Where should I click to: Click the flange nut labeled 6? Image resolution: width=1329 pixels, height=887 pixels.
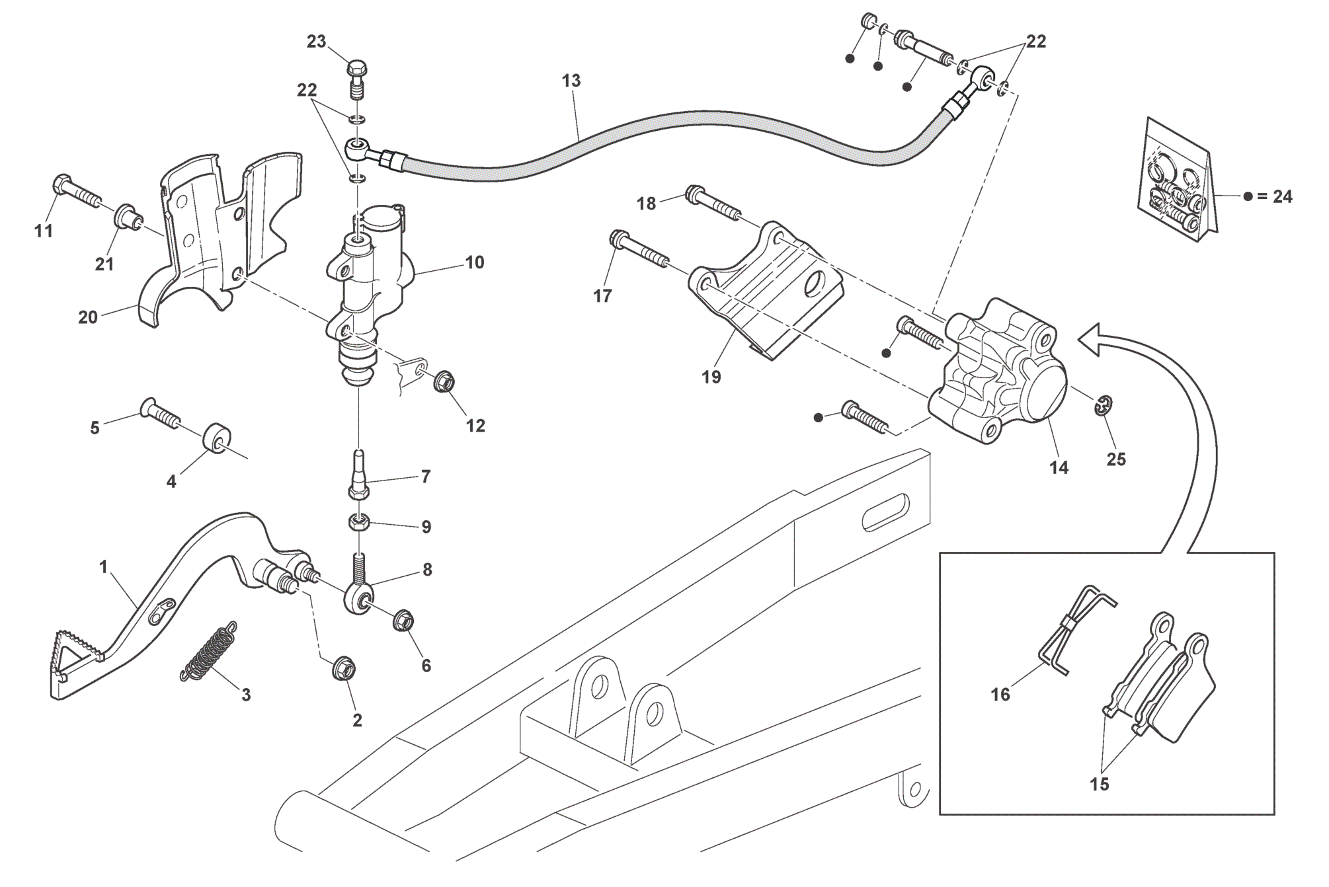403,621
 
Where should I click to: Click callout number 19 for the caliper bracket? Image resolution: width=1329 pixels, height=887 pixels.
711,377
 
